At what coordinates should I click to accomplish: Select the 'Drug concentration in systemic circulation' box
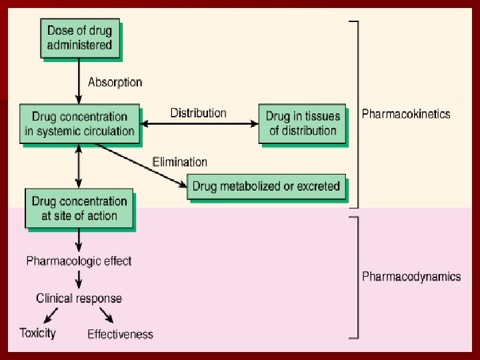tap(80, 124)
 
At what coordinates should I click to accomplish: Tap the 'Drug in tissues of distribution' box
tap(303, 124)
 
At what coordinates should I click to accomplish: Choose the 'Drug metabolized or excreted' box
tap(266, 186)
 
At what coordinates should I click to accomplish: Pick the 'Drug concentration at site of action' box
tap(79, 209)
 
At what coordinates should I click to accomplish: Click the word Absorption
tap(115, 83)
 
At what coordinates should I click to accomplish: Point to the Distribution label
tap(198, 113)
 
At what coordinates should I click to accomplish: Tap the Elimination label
tap(180, 162)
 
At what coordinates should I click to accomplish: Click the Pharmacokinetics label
tap(405, 114)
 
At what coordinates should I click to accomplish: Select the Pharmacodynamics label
tap(411, 276)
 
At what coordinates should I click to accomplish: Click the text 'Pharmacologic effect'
tap(79, 261)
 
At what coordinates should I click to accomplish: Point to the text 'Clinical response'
tap(79, 298)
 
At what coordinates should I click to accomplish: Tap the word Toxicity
tap(37, 333)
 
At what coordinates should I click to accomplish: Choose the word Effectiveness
tap(120, 334)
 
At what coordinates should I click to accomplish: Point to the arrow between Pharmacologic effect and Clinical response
tap(79, 279)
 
